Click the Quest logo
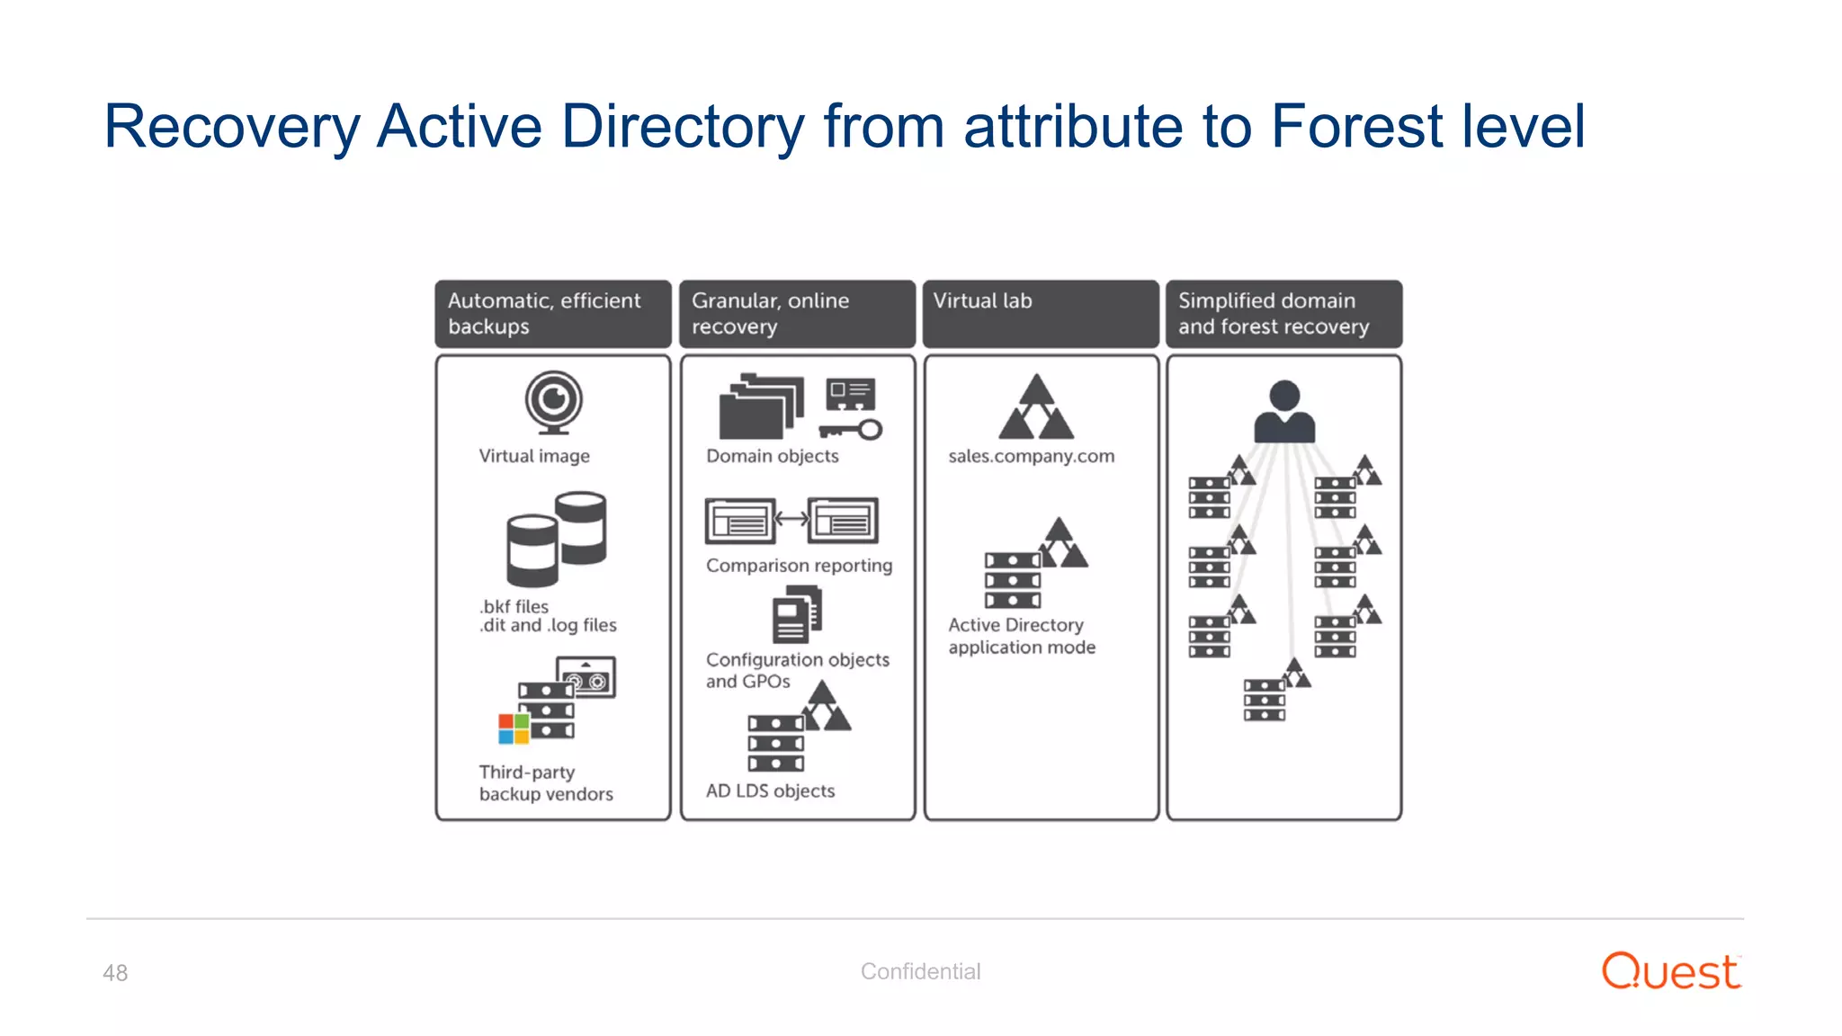point(1671,971)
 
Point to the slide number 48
point(115,973)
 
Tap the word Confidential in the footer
point(920,971)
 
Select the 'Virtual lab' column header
point(1041,313)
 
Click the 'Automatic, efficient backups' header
point(553,313)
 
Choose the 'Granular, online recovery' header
point(797,313)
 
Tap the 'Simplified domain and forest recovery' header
point(1283,313)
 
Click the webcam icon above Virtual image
point(553,402)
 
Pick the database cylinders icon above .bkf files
point(556,538)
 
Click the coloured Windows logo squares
point(514,728)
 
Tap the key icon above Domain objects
point(851,430)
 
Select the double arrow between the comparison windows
point(791,519)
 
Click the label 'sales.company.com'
point(1031,456)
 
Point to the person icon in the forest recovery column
point(1284,411)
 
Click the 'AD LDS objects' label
point(770,791)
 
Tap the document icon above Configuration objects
point(797,614)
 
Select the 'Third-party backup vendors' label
point(546,783)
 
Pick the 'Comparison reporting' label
point(799,566)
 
